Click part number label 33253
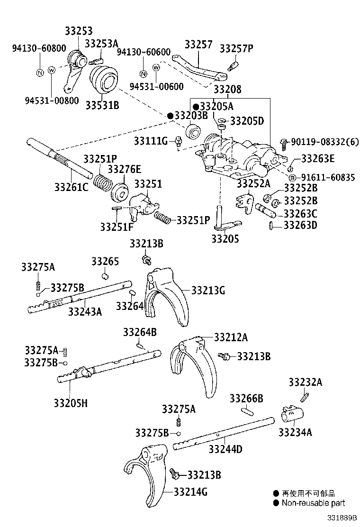(79, 31)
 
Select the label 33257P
(236, 47)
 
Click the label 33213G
(208, 290)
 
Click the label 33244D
(225, 448)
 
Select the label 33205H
(71, 403)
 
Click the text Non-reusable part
(313, 503)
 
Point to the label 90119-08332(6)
(324, 141)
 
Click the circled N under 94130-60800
(40, 72)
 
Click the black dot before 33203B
(170, 116)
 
